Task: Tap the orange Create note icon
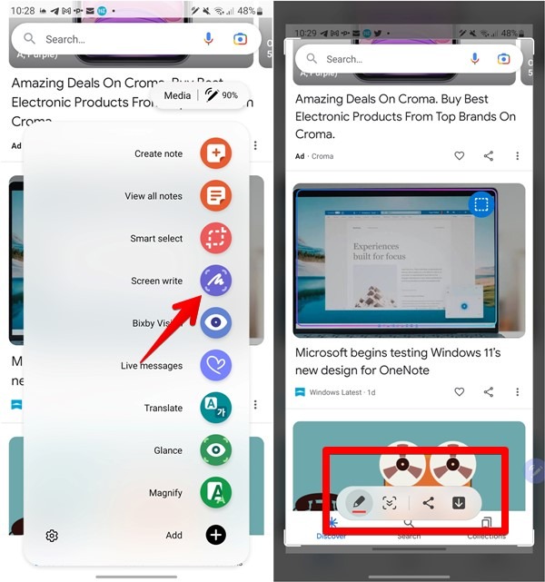coord(215,153)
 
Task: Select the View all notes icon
coord(215,196)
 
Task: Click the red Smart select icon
coord(215,239)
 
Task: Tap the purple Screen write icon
coord(216,281)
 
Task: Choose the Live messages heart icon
coord(215,366)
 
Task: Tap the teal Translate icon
coord(215,408)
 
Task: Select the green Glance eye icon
coord(215,450)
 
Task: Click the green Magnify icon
coord(215,493)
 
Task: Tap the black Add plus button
coord(215,535)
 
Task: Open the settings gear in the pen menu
coord(52,536)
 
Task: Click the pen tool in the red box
coord(358,502)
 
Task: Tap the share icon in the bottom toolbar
coord(428,502)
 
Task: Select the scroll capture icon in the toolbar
coord(390,502)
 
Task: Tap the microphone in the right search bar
coord(474,59)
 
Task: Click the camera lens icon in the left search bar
coord(240,39)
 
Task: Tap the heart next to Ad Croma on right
coord(460,156)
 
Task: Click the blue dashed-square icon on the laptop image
coord(482,205)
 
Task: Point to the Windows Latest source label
coord(336,392)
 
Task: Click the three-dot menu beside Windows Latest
coord(517,392)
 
